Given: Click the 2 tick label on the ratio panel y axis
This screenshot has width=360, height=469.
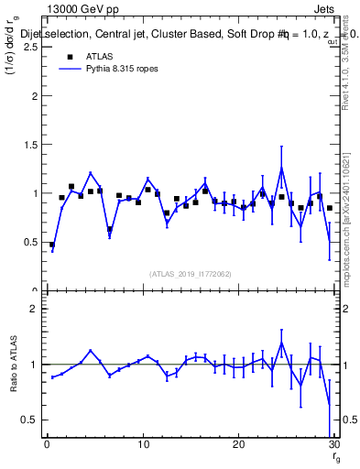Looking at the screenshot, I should coord(35,309).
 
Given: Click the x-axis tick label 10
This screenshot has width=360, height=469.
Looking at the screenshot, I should coord(142,446).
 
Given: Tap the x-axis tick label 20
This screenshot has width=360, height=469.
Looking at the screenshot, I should coord(238,446).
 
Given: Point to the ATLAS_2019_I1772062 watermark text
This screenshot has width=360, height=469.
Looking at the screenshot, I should coord(191,274).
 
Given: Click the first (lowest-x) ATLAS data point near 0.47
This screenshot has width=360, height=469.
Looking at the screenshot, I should coord(52,245).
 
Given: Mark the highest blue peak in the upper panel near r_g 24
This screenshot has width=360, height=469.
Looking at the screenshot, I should coord(281,168).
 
